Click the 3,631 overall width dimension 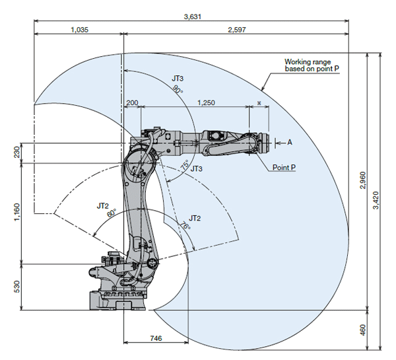pyautogui.click(x=193, y=17)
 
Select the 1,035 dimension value pyautogui.click(x=80, y=30)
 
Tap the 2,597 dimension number pyautogui.click(x=237, y=30)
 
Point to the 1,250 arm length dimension pyautogui.click(x=206, y=102)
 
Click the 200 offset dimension pyautogui.click(x=132, y=102)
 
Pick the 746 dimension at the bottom pyautogui.click(x=156, y=338)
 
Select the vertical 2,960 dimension pyautogui.click(x=362, y=180)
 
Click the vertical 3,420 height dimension pyautogui.click(x=376, y=200)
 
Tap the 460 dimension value pyautogui.click(x=362, y=330)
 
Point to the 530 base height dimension pyautogui.click(x=16, y=287)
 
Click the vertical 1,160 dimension pyautogui.click(x=16, y=212)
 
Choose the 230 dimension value pyautogui.click(x=16, y=152)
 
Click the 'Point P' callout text pyautogui.click(x=284, y=167)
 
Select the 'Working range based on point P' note pyautogui.click(x=312, y=65)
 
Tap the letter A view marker pyautogui.click(x=290, y=143)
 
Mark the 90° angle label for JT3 pyautogui.click(x=178, y=89)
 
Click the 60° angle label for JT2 pyautogui.click(x=112, y=213)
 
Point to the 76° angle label pyautogui.click(x=185, y=225)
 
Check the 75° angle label pyautogui.click(x=185, y=165)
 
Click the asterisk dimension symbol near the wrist pyautogui.click(x=259, y=103)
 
